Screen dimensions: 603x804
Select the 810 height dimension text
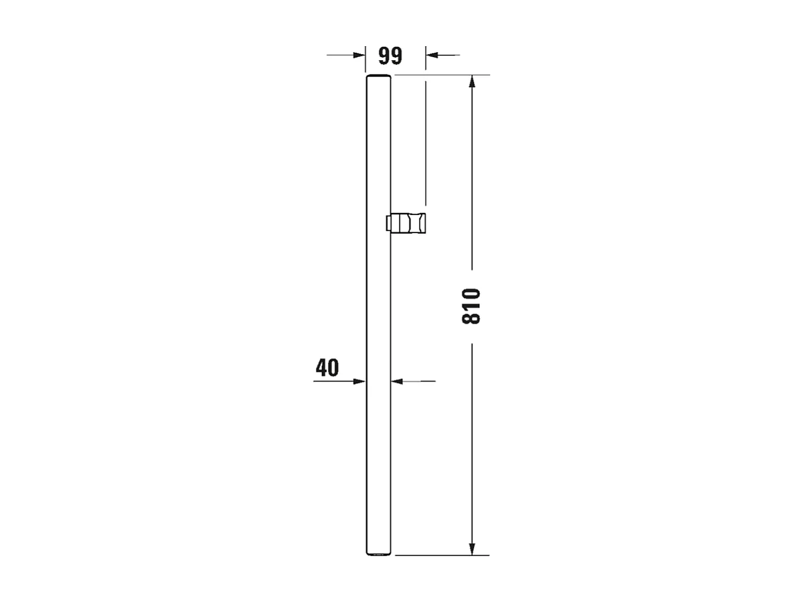click(x=471, y=306)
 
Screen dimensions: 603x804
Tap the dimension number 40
click(x=327, y=367)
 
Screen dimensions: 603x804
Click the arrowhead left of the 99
click(x=359, y=55)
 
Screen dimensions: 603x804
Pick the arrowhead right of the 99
click(x=432, y=55)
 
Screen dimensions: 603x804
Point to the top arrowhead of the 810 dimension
click(x=472, y=82)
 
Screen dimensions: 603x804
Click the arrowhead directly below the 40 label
click(x=359, y=381)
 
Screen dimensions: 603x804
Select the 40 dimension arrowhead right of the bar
click(x=397, y=381)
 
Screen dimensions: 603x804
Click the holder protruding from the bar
click(x=409, y=224)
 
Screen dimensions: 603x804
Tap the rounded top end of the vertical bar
click(x=378, y=78)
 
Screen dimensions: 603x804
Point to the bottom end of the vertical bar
click(x=378, y=553)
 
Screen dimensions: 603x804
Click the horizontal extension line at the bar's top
click(x=442, y=75)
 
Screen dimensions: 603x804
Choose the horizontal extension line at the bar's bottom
click(x=442, y=555)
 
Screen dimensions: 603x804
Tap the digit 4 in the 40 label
click(x=321, y=367)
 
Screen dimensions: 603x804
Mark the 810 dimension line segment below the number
click(x=472, y=442)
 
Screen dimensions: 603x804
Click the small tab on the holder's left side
click(x=388, y=224)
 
